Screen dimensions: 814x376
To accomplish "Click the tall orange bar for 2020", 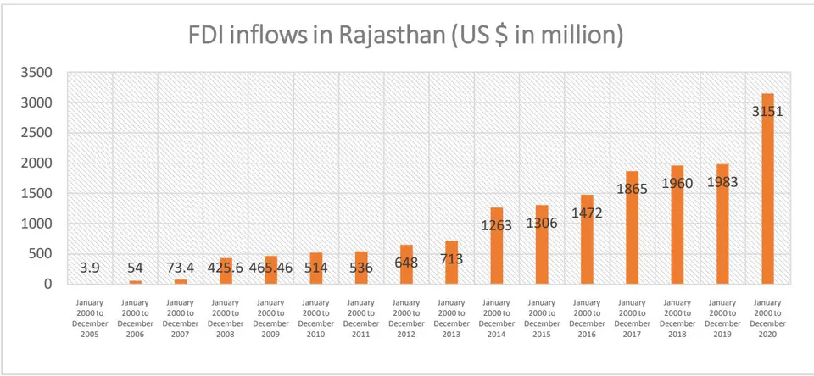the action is click(x=767, y=189).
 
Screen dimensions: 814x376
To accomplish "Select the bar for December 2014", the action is click(x=497, y=246).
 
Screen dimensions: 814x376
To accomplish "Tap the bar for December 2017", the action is click(x=633, y=228).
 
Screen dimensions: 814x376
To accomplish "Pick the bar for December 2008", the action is click(x=226, y=271).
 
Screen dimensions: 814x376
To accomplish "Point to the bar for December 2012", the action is click(x=406, y=264).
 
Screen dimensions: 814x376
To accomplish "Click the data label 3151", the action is click(x=767, y=111).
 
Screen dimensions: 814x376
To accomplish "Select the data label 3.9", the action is click(x=91, y=268).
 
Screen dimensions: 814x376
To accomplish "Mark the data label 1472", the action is click(x=587, y=213).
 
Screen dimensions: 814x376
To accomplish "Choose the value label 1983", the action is click(x=722, y=182).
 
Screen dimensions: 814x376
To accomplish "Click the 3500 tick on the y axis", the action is click(x=36, y=72).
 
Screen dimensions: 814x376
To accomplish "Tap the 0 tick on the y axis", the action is click(x=48, y=285).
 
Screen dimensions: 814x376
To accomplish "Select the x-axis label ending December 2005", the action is click(x=91, y=318).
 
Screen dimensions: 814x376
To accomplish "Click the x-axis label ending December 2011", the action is click(x=361, y=318).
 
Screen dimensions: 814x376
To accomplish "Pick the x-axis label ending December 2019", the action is click(x=722, y=318).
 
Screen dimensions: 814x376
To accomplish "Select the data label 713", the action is click(x=452, y=258).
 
